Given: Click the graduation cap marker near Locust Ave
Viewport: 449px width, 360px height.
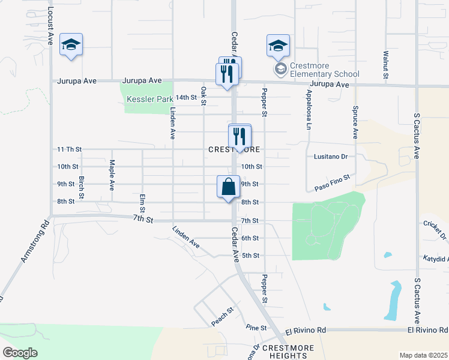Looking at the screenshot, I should point(71,45).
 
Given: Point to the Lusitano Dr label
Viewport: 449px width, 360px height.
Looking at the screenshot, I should point(331,156).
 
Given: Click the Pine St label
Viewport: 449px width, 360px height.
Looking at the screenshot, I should point(256,327).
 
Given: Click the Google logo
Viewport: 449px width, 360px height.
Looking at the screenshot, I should point(20,352).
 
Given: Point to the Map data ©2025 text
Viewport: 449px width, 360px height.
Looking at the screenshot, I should point(423,355).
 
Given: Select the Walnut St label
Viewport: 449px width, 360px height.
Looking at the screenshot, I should point(385,65).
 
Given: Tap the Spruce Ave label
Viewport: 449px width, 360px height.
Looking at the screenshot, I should point(355,122).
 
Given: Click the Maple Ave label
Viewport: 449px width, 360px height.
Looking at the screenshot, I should point(112,174).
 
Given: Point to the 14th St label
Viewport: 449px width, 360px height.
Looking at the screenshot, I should point(187,97).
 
